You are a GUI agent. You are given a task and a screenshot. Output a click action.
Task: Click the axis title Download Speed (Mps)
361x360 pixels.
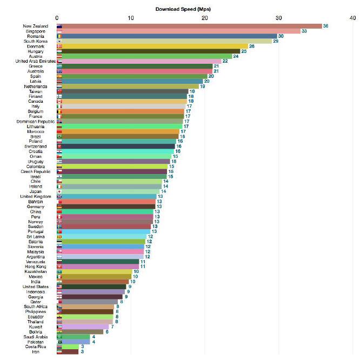(x=183, y=9)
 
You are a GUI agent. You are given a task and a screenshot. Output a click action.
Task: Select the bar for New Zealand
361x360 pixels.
(x=189, y=26)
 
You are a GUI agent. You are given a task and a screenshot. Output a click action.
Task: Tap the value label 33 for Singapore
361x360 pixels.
(x=304, y=31)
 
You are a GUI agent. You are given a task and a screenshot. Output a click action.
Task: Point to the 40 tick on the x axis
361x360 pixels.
(x=352, y=18)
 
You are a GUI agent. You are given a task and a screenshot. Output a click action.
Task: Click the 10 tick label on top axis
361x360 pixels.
(x=131, y=18)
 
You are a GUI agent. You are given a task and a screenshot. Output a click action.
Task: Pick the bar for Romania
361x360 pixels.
(x=168, y=36)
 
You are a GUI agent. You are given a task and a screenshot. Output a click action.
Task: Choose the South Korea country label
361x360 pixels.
(x=36, y=41)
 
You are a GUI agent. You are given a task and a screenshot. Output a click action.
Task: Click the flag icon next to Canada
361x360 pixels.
(x=59, y=101)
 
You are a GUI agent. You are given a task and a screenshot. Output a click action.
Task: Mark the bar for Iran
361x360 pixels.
(x=68, y=352)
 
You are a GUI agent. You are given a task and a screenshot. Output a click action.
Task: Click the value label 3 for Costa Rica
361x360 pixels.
(x=82, y=346)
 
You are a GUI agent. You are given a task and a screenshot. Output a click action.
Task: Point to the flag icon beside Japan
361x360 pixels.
(x=59, y=191)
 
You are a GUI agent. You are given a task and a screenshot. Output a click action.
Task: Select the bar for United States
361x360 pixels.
(x=91, y=286)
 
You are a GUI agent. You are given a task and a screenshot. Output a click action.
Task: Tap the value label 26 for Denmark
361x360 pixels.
(x=252, y=46)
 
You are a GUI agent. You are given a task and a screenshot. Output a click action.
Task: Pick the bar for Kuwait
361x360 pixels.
(x=83, y=326)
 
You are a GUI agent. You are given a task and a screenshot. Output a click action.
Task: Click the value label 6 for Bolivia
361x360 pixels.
(x=107, y=332)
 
